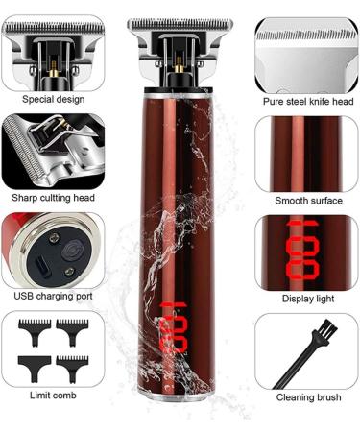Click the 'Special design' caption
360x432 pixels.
click(x=53, y=99)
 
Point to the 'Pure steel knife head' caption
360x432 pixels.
click(x=308, y=101)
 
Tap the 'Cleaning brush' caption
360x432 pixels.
click(x=307, y=396)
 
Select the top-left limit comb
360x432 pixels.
click(x=32, y=327)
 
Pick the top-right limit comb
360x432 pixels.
click(x=73, y=327)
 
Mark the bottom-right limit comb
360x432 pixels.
click(x=72, y=366)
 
